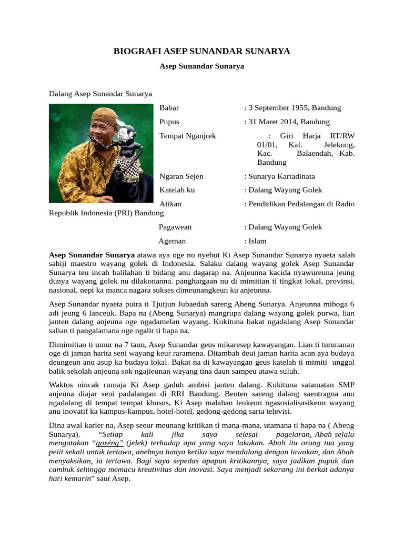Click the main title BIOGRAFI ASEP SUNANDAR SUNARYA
pos(202,51)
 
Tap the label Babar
pos(169,108)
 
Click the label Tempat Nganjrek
pos(187,136)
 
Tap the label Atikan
pos(170,204)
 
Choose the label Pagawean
pos(175,227)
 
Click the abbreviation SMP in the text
pos(346,378)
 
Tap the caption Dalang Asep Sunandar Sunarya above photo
pos(100,94)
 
